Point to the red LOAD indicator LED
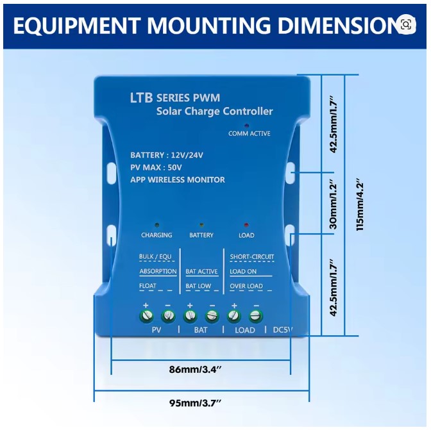(x=246, y=226)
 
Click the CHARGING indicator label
(x=156, y=235)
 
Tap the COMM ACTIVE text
(x=249, y=133)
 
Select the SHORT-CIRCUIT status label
(x=252, y=257)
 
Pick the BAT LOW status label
(x=198, y=286)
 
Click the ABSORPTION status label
(x=158, y=271)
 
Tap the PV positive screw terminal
(x=147, y=315)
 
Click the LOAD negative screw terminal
(x=255, y=315)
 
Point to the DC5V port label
(x=283, y=330)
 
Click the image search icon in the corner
(x=405, y=24)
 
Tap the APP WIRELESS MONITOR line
(x=178, y=179)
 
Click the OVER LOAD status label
(x=246, y=286)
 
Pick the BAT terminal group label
(x=201, y=330)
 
